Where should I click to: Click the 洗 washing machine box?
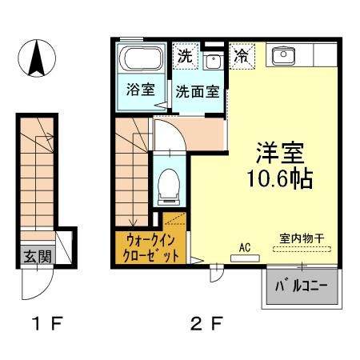tap(185, 57)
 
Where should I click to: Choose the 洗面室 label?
tap(197, 90)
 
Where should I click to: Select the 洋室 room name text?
tap(279, 152)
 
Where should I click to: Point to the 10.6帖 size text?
tap(279, 177)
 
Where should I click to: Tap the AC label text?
tap(245, 247)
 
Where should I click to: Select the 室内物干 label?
tap(301, 238)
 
